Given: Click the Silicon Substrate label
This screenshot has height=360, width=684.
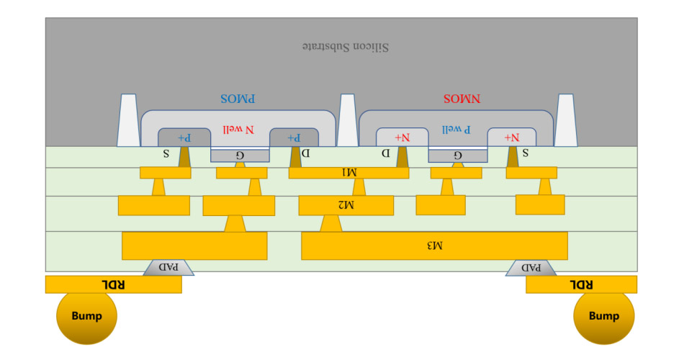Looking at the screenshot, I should [x=345, y=48].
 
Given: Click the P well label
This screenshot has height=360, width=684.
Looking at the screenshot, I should [x=456, y=130].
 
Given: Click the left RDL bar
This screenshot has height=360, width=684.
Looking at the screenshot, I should [x=113, y=284].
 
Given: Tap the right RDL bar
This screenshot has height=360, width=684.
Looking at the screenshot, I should [x=581, y=284].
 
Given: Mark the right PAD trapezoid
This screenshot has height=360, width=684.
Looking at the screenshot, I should [x=531, y=267].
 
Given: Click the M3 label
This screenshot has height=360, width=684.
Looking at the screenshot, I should [x=434, y=246].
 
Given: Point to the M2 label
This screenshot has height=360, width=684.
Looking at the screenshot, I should [x=346, y=205].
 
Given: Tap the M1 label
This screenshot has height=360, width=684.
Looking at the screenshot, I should [x=348, y=173].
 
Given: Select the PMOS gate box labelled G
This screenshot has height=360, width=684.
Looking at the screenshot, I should [x=240, y=156].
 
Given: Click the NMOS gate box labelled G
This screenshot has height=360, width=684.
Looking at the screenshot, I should [x=457, y=156].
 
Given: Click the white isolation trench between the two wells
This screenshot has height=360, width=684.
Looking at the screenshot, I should [x=347, y=120].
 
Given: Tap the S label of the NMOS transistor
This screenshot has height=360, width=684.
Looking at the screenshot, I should [x=524, y=153].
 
